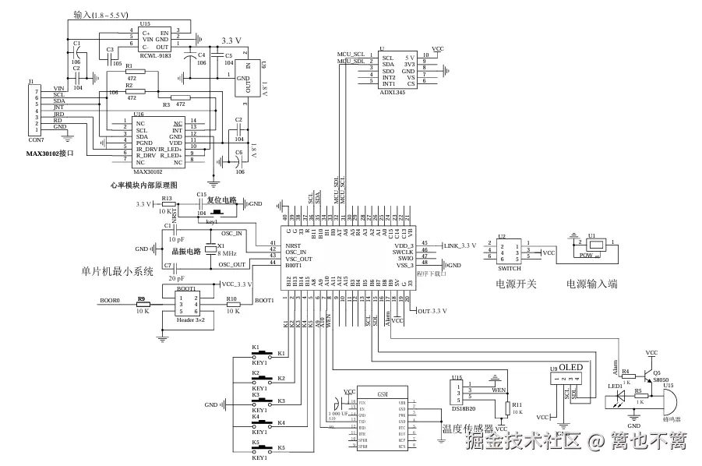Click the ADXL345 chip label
392,92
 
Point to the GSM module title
382,394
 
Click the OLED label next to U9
571,367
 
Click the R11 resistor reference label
517,405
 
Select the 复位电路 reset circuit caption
221,200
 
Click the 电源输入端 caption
592,284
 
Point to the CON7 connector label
36,139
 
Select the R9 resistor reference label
142,299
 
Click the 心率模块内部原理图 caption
145,185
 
